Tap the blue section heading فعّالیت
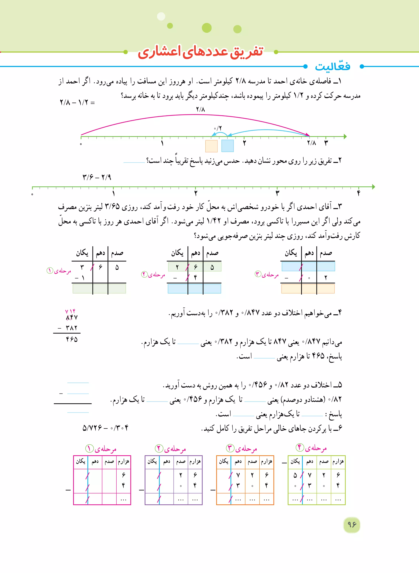(332, 67)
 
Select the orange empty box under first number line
(211, 146)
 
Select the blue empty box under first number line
(228, 146)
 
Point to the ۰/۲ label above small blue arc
(218, 128)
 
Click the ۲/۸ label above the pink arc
(200, 109)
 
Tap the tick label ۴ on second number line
(359, 193)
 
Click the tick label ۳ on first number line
(326, 143)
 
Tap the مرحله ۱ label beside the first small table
(59, 271)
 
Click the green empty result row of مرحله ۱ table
(99, 288)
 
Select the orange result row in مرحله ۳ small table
(308, 288)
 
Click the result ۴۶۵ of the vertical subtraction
(72, 339)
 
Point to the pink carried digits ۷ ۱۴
(70, 311)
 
